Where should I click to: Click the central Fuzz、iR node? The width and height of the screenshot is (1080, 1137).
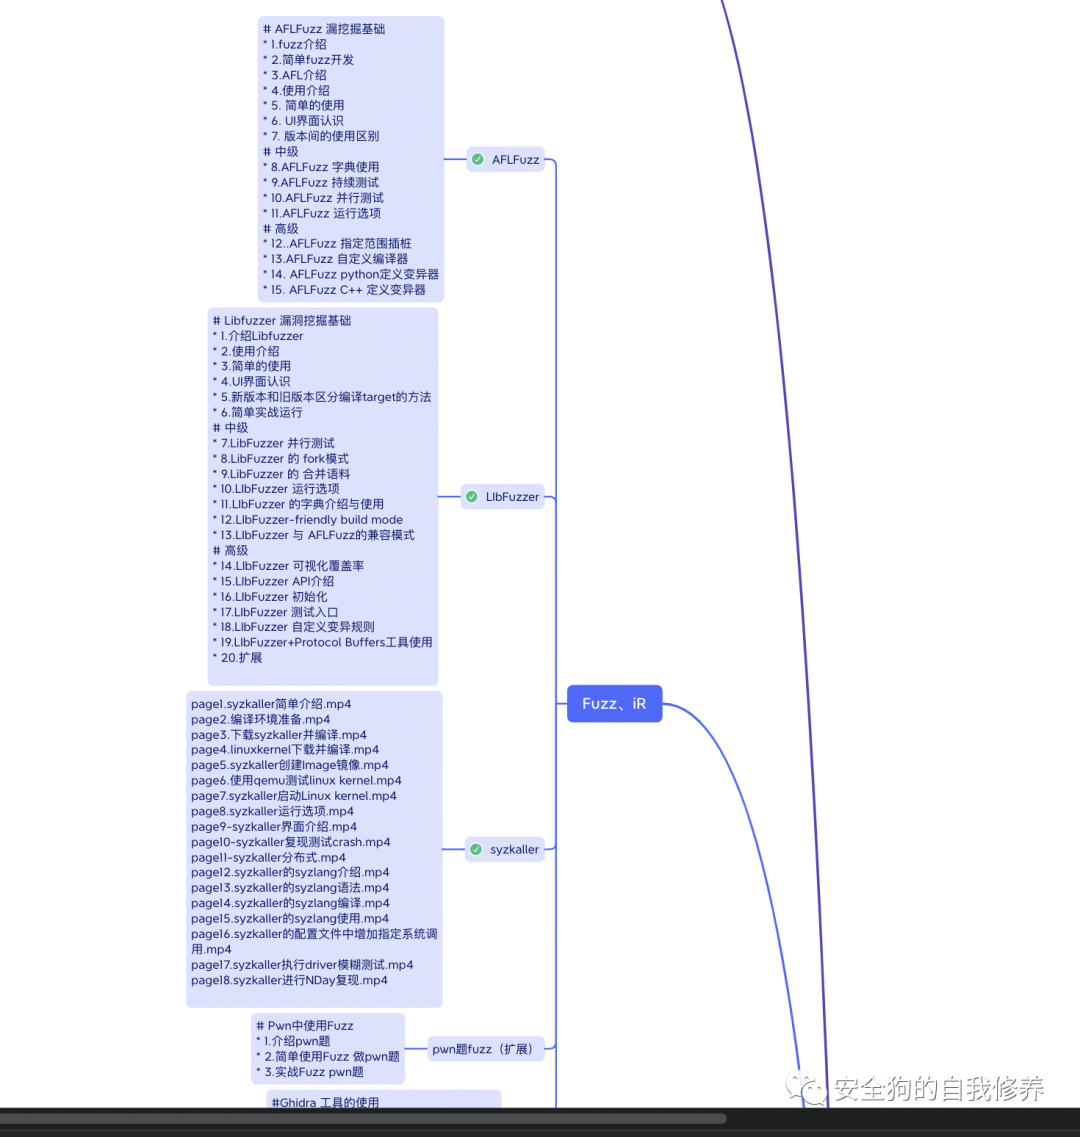point(614,704)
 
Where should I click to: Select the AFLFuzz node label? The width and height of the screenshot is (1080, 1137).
point(515,160)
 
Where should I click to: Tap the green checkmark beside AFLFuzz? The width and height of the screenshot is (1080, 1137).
point(478,160)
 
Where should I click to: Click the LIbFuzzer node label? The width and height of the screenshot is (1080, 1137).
point(512,497)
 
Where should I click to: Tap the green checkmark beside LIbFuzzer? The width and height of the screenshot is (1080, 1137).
point(472,497)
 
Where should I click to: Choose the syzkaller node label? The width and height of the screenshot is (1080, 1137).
point(514,850)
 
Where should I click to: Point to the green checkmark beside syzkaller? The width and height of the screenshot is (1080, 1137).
point(476,850)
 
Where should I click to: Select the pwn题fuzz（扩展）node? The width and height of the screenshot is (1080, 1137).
point(482,1050)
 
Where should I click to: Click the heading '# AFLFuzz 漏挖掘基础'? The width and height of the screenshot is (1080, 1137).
point(324,29)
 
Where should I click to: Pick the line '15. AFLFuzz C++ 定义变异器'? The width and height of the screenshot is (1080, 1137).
point(344,290)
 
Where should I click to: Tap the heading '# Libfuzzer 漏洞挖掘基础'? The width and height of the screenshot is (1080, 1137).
point(282,321)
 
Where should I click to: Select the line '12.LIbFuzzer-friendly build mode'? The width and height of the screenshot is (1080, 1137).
point(308,520)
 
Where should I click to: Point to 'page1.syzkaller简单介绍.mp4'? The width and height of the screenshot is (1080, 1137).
point(271,704)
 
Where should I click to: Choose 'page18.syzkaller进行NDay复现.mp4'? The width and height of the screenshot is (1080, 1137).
point(289,980)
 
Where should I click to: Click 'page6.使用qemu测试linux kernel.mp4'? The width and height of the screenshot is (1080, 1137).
point(296,780)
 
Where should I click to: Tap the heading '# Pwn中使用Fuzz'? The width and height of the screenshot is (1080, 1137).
point(305,1026)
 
